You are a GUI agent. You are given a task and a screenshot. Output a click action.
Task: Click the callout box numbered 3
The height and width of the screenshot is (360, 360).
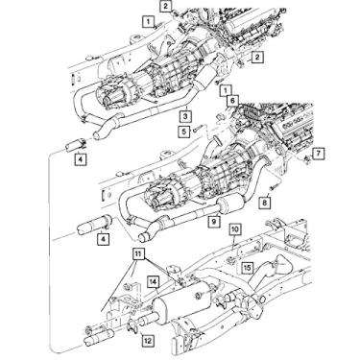pos(182,115)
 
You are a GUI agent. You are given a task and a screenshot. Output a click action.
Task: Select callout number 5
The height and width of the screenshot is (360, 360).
pos(182,131)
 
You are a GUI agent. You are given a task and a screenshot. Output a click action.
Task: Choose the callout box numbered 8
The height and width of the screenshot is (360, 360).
pos(264,204)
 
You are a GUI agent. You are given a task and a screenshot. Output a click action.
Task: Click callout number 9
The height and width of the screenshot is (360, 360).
pos(213,222)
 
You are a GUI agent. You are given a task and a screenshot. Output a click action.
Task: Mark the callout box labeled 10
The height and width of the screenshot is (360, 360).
pos(234,230)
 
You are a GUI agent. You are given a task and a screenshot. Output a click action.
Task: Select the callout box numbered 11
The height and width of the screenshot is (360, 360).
pos(138,253)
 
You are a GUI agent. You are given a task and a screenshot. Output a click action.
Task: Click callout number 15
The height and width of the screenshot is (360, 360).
pos(247,267)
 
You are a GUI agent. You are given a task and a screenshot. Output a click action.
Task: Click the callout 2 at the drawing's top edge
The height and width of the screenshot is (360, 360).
pos(166,6)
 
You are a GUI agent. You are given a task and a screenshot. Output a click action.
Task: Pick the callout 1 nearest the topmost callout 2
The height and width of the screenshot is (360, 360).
pos(148,20)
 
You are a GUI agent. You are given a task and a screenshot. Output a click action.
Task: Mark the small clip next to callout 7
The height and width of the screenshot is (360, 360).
pos(303,153)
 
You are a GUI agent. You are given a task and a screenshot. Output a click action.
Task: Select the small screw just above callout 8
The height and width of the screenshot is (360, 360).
pos(260,190)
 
